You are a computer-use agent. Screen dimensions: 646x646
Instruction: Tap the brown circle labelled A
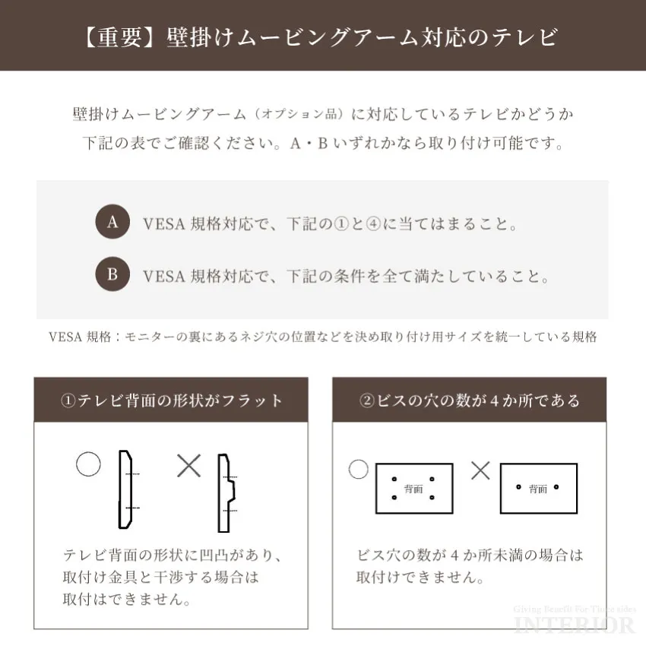112,222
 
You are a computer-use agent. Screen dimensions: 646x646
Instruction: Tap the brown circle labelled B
112,275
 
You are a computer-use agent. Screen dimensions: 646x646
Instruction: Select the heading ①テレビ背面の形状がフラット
171,401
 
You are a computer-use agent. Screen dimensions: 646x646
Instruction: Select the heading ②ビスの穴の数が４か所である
470,401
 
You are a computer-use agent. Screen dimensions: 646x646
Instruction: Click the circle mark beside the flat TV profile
88,464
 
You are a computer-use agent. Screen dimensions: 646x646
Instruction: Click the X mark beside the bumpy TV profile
188,465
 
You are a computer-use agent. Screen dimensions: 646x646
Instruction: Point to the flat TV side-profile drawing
126,490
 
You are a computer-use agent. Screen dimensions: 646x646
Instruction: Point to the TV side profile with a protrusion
226,493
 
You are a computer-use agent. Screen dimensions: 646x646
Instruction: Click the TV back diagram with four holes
414,488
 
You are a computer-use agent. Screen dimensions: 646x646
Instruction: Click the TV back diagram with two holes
538,488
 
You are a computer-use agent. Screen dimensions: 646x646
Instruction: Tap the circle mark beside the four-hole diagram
358,469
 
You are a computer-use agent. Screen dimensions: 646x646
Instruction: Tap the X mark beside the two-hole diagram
480,470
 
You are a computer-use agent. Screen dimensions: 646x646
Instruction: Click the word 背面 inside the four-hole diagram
413,489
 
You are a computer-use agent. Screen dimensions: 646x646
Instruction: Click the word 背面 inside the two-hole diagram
538,489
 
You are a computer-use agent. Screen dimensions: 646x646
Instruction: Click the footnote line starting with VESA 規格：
322,337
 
